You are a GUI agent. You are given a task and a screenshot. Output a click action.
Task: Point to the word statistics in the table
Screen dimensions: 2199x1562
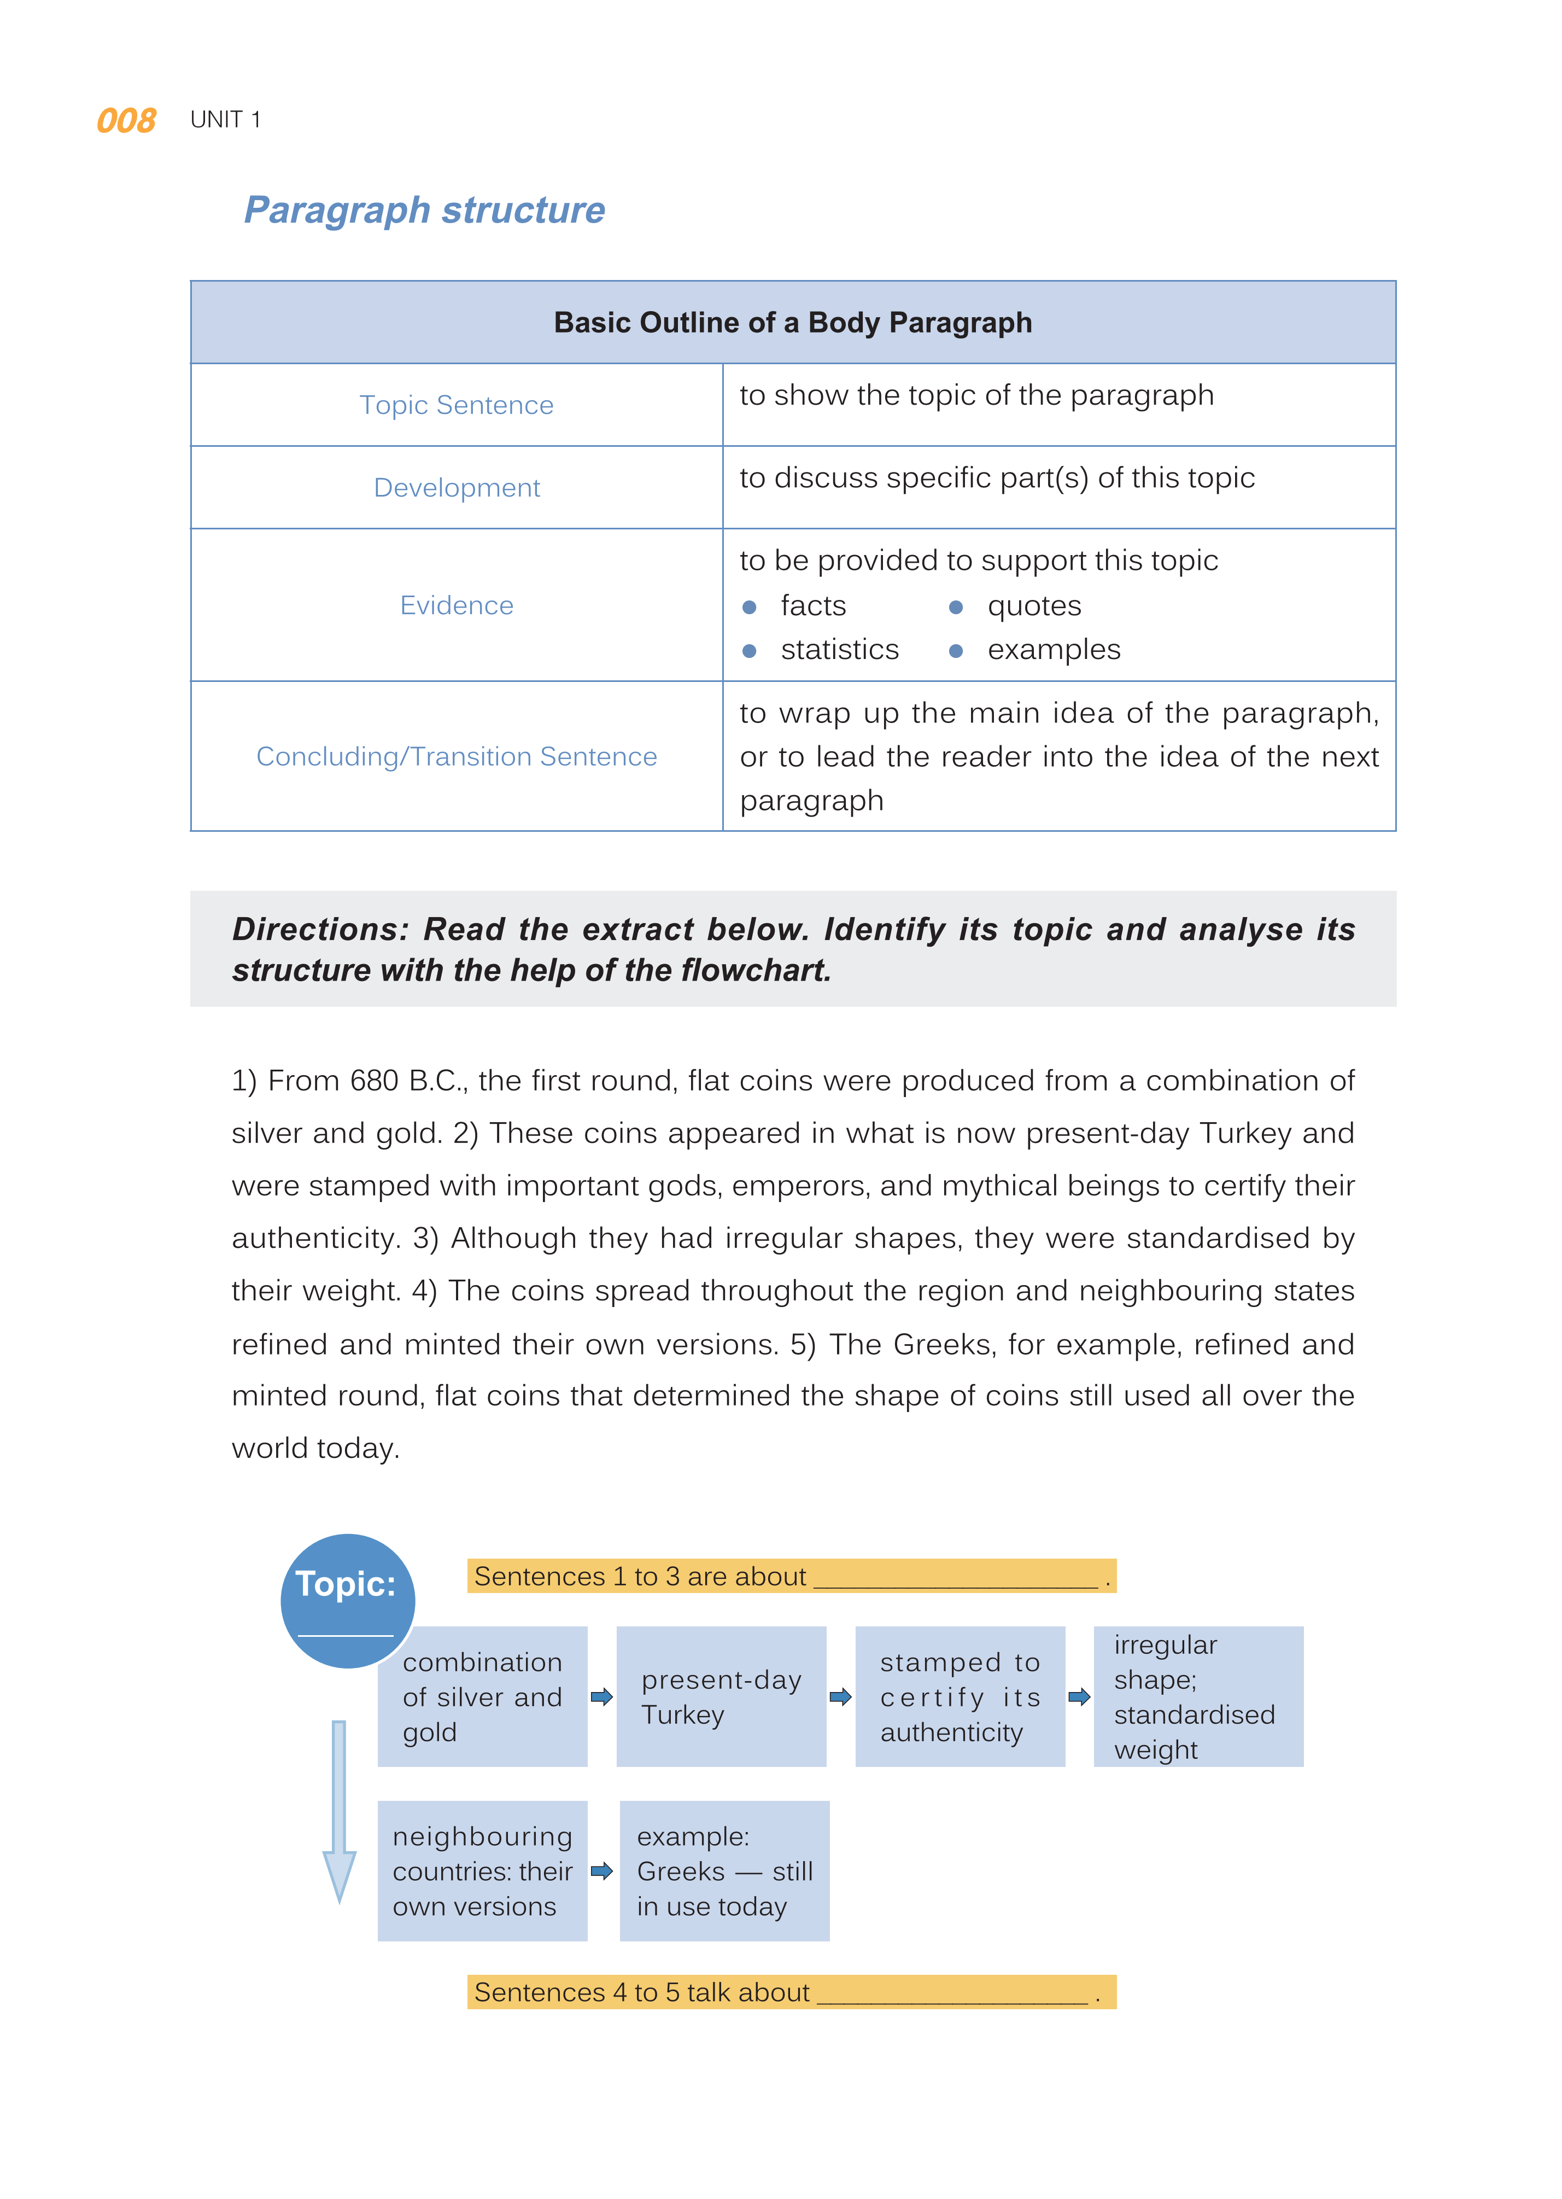[x=839, y=650]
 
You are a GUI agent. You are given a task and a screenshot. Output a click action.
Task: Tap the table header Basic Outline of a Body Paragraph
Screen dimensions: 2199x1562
[x=793, y=322]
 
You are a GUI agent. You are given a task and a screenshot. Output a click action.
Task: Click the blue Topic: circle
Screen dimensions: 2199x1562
[x=347, y=1600]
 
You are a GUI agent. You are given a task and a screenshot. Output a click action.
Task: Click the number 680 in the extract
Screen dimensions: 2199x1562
[x=373, y=1081]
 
